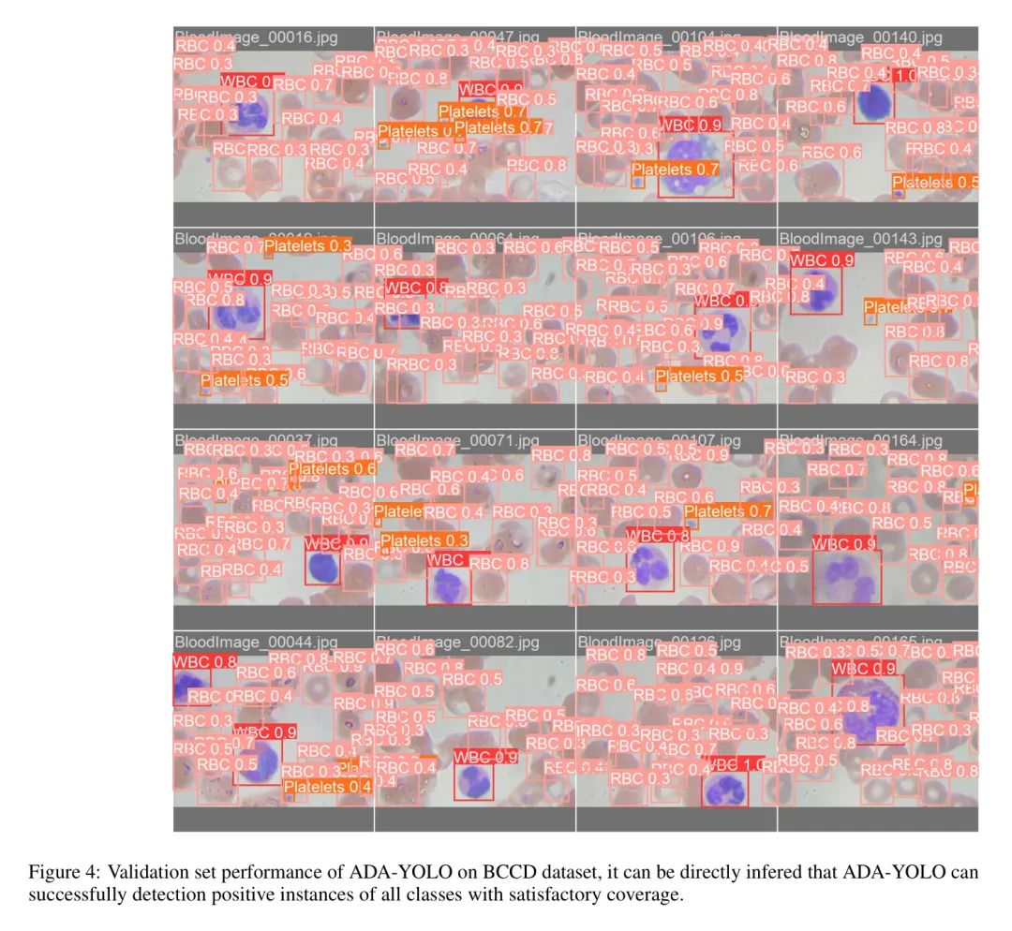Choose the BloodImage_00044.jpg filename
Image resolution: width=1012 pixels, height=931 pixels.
(x=255, y=642)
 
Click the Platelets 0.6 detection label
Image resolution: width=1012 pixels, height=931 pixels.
(x=332, y=468)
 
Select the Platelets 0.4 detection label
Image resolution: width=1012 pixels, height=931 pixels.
(x=327, y=787)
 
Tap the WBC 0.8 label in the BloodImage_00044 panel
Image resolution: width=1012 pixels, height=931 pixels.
(x=205, y=661)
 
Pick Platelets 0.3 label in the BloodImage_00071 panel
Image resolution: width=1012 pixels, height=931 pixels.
(x=424, y=540)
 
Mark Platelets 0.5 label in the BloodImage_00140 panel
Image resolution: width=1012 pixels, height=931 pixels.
(x=934, y=182)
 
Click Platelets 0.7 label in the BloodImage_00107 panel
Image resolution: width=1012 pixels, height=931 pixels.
(x=727, y=510)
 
